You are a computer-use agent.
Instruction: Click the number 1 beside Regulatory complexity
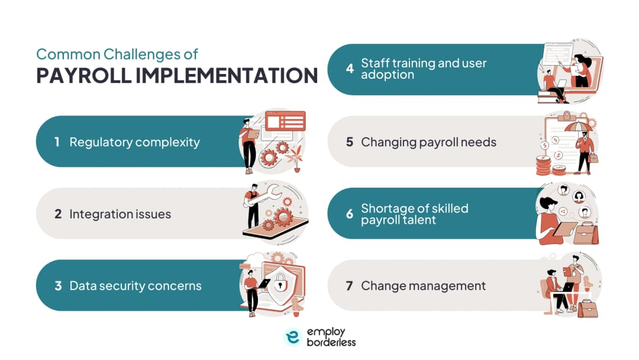57,142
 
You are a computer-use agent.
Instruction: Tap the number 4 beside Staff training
350,69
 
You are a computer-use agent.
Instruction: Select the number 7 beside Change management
349,286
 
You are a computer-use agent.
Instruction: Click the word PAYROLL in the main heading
83,75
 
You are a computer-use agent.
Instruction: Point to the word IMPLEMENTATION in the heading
227,75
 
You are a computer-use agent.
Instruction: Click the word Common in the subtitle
68,54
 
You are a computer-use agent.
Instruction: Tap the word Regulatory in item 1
101,142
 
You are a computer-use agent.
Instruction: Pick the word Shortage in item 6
386,208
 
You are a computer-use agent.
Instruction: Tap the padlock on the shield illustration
280,282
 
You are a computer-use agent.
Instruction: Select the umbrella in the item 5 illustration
577,126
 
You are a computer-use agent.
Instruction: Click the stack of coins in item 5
543,166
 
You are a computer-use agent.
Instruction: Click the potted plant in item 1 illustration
295,159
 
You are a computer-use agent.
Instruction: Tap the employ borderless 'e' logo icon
293,337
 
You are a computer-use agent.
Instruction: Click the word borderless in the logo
331,342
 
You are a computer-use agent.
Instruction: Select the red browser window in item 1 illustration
285,121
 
